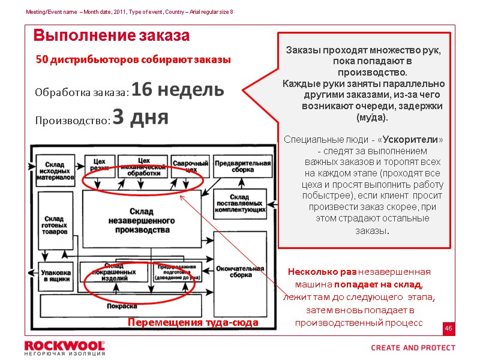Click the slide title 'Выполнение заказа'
pyautogui.click(x=112, y=36)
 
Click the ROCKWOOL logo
pyautogui.click(x=64, y=346)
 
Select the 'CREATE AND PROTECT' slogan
pyautogui.click(x=413, y=347)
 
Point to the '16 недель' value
pyautogui.click(x=178, y=90)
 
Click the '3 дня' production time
pyautogui.click(x=140, y=118)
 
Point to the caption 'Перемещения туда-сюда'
pyautogui.click(x=193, y=323)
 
